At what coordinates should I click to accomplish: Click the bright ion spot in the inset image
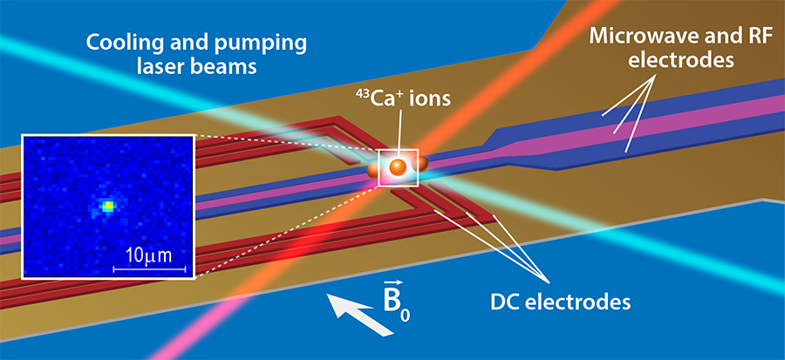[x=108, y=207]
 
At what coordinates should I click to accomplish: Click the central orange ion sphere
[x=398, y=167]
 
